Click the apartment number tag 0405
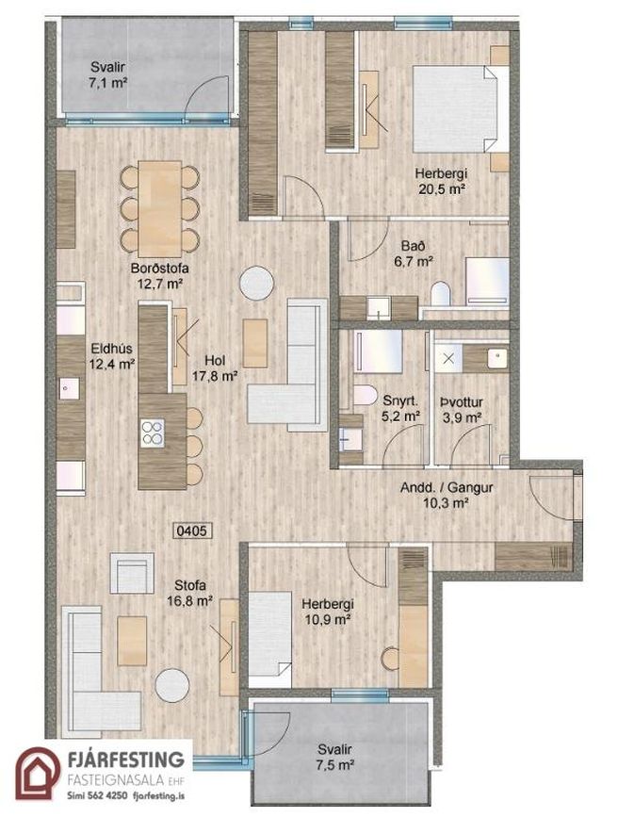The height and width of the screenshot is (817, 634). point(192,531)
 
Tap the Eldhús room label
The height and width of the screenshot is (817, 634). point(111,348)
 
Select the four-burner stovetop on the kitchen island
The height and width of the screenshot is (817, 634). point(153,433)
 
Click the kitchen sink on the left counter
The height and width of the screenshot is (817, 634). point(69,388)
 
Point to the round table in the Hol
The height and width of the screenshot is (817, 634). point(257,283)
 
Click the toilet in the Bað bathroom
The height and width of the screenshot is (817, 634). point(441,294)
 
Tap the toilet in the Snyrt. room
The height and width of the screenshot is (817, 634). point(365,395)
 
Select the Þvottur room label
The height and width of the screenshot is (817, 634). point(462,402)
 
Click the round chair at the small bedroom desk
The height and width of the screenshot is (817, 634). point(389,659)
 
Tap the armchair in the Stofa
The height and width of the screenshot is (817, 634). point(132,573)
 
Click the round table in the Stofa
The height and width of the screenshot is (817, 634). point(171,686)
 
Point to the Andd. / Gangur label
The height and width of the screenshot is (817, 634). point(447,488)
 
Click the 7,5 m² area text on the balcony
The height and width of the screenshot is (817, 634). point(335,765)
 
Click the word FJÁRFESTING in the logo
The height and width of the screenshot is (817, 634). point(126,760)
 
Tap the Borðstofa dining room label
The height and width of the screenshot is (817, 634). point(159,269)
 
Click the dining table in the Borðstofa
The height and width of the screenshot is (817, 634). point(160,209)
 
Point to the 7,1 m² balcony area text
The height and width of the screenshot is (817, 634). point(107,82)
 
